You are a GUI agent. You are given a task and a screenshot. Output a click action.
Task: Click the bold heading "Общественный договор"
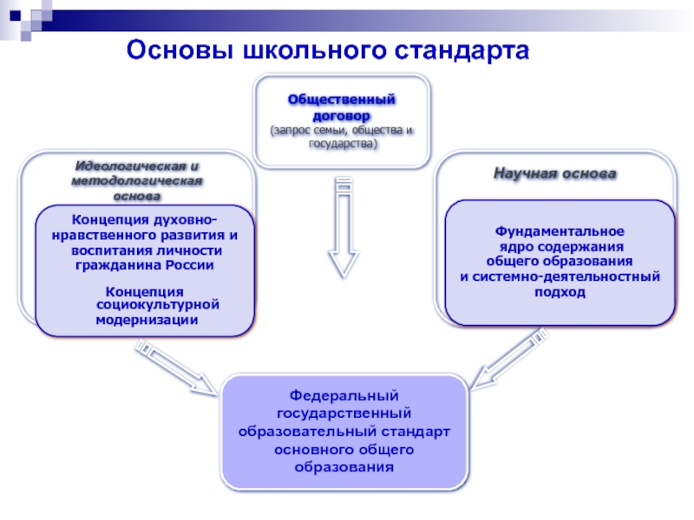342,107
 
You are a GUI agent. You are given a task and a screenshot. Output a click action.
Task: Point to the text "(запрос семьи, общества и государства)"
342,136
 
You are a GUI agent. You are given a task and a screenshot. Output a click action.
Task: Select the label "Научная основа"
555,173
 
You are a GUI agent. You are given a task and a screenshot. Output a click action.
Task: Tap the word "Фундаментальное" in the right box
560,232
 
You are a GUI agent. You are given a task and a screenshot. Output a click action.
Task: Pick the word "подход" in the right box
560,292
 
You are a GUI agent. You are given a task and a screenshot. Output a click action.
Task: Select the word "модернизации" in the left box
147,319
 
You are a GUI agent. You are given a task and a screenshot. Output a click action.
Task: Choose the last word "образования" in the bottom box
344,467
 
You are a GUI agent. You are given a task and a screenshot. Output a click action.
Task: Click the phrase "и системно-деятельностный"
560,276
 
